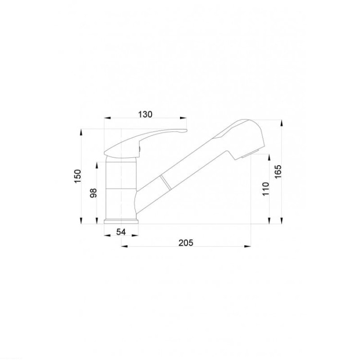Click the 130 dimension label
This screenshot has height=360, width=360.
(145, 114)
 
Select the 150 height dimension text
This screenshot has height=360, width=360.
(78, 176)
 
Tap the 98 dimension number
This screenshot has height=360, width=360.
(94, 193)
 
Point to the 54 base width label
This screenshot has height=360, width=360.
(121, 232)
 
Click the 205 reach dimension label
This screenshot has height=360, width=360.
(186, 243)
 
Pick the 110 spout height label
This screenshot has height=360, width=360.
(266, 189)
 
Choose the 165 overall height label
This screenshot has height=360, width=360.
(278, 171)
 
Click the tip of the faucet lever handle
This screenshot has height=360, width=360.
(187, 131)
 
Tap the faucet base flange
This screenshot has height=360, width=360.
(121, 222)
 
